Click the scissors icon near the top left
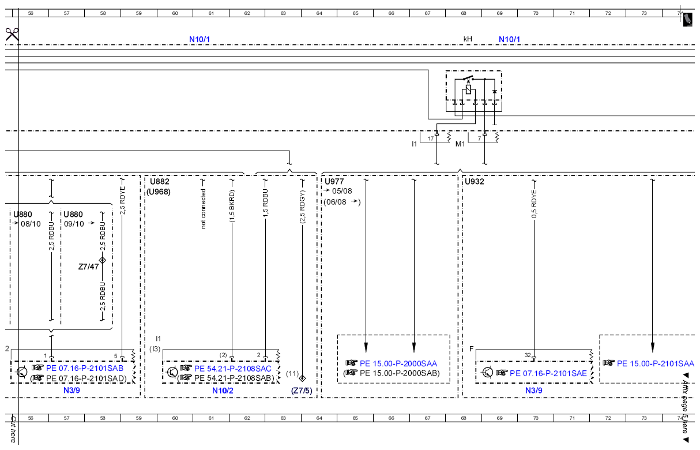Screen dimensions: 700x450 (x=12, y=35)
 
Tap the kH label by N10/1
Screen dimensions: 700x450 (x=468, y=39)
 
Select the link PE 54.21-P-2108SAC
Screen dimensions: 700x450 (x=232, y=369)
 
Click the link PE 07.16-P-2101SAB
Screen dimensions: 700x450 (x=85, y=368)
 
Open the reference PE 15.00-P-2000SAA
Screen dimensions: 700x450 (x=398, y=363)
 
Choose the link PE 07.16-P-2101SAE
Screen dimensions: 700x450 (x=548, y=373)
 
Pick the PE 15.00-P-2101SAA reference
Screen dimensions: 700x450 (x=655, y=363)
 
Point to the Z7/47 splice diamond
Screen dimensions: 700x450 (x=103, y=260)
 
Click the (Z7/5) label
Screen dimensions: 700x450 (x=302, y=391)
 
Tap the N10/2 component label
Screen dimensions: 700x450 (x=223, y=391)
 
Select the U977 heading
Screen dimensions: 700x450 (x=334, y=181)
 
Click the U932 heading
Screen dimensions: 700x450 (x=475, y=181)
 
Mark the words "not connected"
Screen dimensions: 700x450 (x=203, y=209)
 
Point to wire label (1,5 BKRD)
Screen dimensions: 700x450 (x=232, y=206)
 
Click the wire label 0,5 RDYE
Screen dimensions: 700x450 (x=534, y=204)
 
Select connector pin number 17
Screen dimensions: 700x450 (x=431, y=138)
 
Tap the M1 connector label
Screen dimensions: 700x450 (x=460, y=144)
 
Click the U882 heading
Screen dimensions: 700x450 (x=159, y=181)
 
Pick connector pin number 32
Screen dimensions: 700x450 (x=528, y=355)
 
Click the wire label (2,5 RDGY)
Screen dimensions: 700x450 (x=302, y=207)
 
